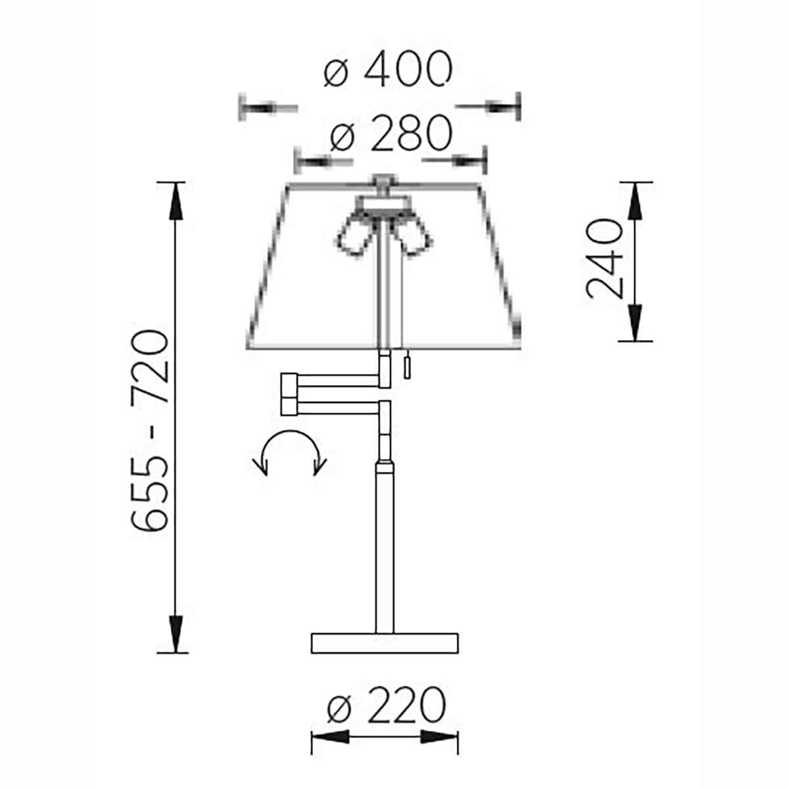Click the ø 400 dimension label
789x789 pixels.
click(x=388, y=69)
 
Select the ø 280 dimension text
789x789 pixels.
click(x=391, y=133)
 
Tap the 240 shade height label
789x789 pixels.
click(x=604, y=258)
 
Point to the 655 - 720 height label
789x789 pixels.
click(x=149, y=430)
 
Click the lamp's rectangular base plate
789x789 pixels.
click(x=385, y=643)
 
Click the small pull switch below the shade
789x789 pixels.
click(x=407, y=367)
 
